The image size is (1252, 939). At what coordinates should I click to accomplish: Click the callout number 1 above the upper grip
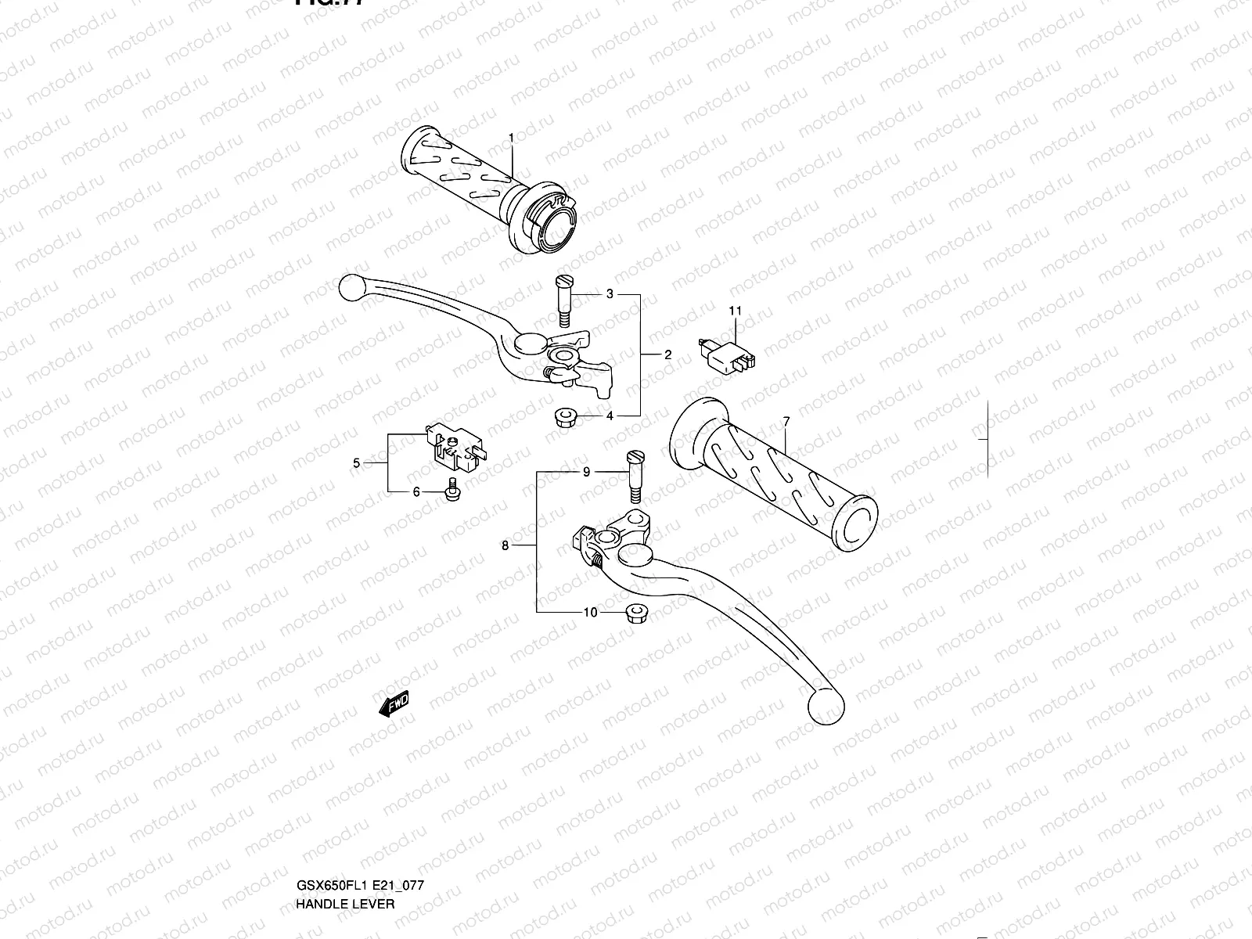click(512, 138)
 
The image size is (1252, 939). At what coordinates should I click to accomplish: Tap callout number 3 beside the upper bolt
click(610, 294)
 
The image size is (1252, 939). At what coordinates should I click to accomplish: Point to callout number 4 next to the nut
click(610, 416)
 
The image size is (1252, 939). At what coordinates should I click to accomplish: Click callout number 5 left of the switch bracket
click(357, 463)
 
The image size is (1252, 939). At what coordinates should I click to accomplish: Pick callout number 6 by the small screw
click(416, 491)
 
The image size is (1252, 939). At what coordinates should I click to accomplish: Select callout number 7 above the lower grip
click(786, 422)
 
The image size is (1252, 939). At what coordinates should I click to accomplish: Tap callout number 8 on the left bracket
click(505, 545)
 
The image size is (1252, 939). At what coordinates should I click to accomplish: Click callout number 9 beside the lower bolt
click(586, 472)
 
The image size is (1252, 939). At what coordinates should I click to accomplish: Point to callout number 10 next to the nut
click(590, 612)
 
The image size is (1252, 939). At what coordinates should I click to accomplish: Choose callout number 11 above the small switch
click(736, 311)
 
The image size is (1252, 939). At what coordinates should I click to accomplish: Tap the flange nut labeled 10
click(639, 614)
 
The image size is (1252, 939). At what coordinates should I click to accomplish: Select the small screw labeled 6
click(452, 491)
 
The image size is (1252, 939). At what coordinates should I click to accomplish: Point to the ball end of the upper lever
click(352, 288)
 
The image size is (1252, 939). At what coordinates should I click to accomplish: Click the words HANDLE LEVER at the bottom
click(345, 837)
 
